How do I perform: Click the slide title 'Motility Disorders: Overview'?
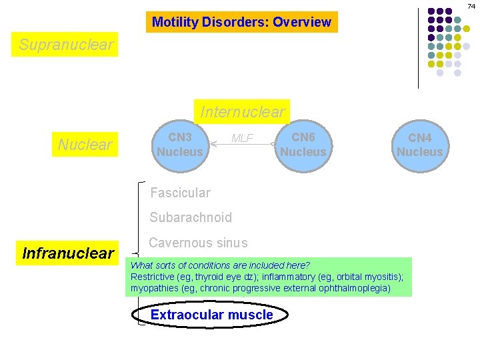click(x=241, y=22)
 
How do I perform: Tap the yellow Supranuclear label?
click(x=67, y=45)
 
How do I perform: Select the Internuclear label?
click(x=242, y=111)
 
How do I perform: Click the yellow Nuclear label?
click(x=85, y=144)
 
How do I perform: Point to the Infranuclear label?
click(x=68, y=253)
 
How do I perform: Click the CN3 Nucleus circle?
click(x=179, y=144)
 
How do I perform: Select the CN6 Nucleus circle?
click(x=303, y=144)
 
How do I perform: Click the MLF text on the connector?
click(x=241, y=138)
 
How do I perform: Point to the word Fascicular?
click(x=180, y=193)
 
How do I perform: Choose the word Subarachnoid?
click(x=191, y=217)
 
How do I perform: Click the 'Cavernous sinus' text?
click(x=198, y=243)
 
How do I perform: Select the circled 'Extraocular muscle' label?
click(x=211, y=315)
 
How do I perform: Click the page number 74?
click(x=471, y=5)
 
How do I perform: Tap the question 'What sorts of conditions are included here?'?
click(x=220, y=265)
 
